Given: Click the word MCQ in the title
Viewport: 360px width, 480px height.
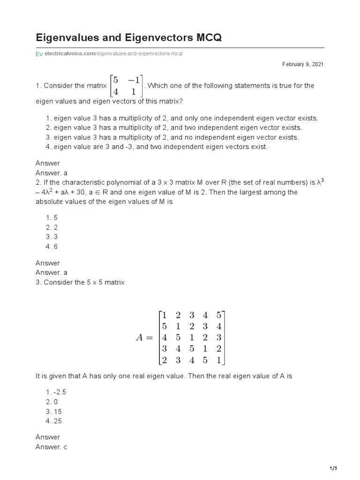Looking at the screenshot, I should click(x=204, y=37).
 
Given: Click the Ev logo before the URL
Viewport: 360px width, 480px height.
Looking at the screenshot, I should click(x=39, y=54).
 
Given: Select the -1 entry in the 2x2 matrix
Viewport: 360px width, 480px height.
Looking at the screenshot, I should click(x=134, y=80).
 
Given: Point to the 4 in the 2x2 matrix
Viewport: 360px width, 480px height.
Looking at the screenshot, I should click(x=115, y=91).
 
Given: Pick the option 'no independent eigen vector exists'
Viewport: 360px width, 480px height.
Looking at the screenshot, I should click(x=176, y=137).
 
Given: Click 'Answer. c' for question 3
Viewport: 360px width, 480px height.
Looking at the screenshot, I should click(x=52, y=447).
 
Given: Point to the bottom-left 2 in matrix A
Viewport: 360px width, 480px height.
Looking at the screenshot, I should click(x=164, y=360).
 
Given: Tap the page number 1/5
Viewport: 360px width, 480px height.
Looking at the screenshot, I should click(x=333, y=468).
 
